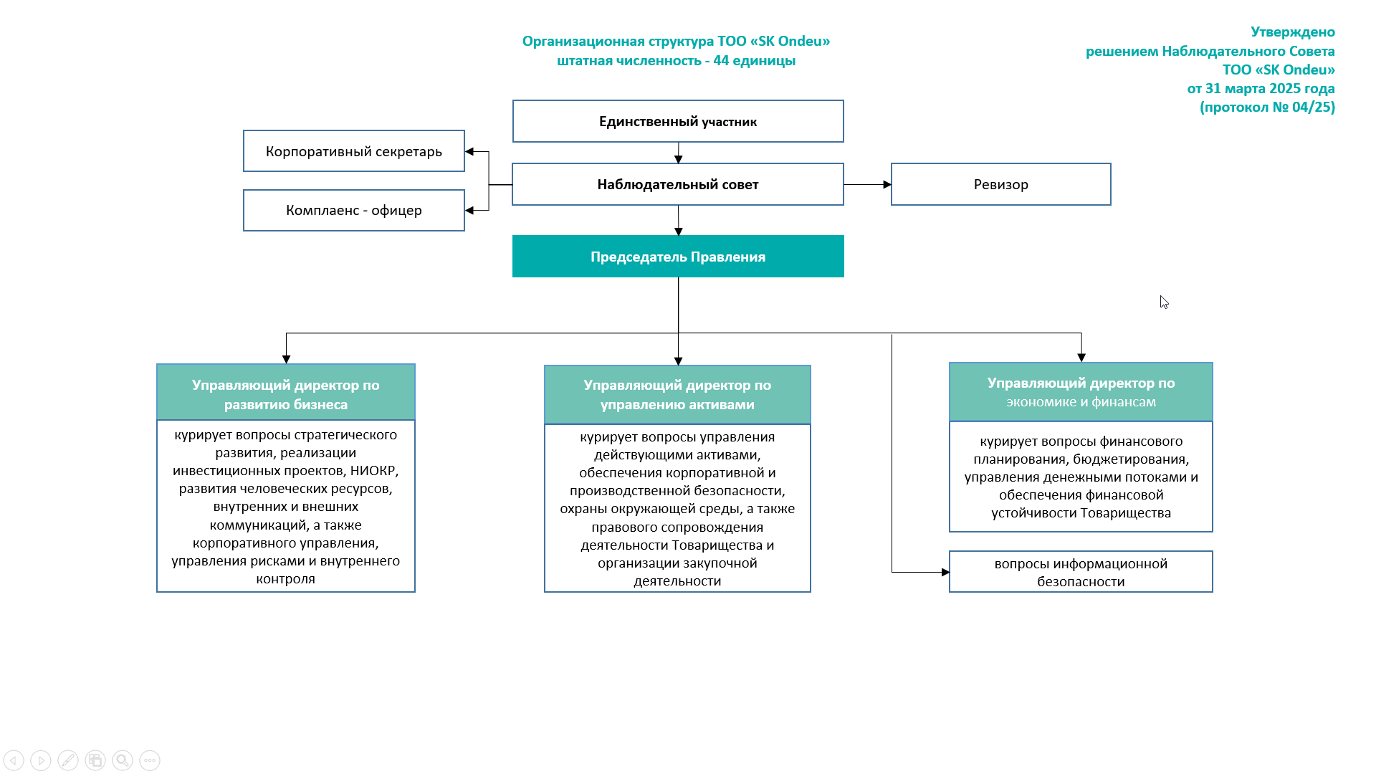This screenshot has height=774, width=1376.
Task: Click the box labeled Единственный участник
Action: coord(678,121)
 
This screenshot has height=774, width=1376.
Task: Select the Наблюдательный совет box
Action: coord(678,184)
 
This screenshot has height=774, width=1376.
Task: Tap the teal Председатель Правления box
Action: coord(678,257)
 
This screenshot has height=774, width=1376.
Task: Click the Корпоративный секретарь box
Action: coord(354,151)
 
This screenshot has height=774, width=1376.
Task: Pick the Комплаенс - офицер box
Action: coord(354,211)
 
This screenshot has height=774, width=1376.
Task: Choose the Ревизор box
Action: coord(1001,184)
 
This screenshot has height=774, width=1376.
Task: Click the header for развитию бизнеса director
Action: coord(286,392)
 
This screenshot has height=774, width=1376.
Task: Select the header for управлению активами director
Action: coord(677,395)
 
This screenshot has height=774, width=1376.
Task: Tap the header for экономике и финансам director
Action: coord(1081,392)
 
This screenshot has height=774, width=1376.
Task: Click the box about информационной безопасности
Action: coord(1081,572)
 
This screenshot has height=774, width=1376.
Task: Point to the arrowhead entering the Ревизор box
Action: coord(887,184)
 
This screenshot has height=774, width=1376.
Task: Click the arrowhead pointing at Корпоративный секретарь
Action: coord(469,151)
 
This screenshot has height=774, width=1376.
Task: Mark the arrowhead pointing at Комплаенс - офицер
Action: coord(469,211)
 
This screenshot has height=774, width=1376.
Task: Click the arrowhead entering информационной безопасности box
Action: coord(945,572)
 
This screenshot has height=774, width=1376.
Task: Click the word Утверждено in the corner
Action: coord(1293,32)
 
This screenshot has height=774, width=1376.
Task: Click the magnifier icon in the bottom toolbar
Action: coord(123,760)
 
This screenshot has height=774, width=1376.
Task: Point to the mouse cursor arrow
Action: coord(1164,302)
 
